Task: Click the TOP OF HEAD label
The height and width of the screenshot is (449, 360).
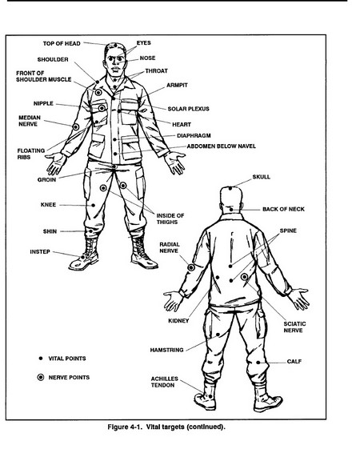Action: click(x=62, y=43)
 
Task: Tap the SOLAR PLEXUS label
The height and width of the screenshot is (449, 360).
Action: click(x=188, y=109)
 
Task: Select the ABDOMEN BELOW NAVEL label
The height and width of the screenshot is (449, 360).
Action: click(x=222, y=146)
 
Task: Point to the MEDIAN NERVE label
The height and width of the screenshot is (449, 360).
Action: click(x=30, y=121)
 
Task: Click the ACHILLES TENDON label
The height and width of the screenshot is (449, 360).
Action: click(x=165, y=382)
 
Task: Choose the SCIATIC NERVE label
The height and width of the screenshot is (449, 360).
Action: click(x=294, y=327)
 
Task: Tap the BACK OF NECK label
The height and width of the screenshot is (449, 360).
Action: click(x=283, y=210)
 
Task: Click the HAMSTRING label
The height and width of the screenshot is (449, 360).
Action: click(x=166, y=350)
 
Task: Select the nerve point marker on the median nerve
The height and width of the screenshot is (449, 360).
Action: click(x=76, y=126)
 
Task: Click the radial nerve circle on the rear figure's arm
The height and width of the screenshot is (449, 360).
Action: click(x=191, y=267)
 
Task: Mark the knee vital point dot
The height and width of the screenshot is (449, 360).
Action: click(x=94, y=206)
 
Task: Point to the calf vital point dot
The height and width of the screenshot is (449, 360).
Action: click(x=258, y=363)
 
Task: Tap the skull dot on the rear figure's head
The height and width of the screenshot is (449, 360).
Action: click(x=230, y=188)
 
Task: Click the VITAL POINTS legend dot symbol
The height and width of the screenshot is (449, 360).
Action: click(x=41, y=359)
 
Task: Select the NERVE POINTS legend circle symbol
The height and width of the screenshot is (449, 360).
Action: click(x=41, y=377)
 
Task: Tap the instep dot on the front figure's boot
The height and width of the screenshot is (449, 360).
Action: click(x=83, y=257)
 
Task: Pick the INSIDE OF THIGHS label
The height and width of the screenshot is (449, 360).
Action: click(x=170, y=218)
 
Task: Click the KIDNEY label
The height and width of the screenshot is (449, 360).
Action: click(x=178, y=321)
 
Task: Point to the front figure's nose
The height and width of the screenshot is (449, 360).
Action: click(x=116, y=61)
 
